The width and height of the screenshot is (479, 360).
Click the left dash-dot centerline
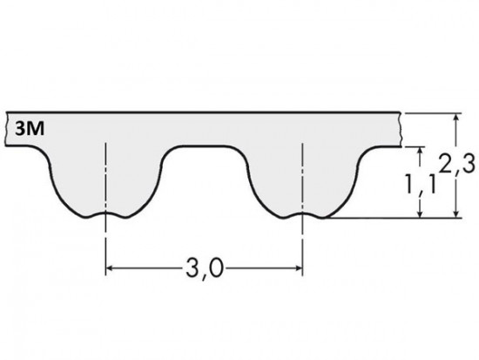point(105,235)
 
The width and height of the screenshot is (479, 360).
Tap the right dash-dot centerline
point(302,235)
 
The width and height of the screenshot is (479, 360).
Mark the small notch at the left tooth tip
point(105,214)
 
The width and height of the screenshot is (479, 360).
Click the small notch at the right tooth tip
point(302,214)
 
